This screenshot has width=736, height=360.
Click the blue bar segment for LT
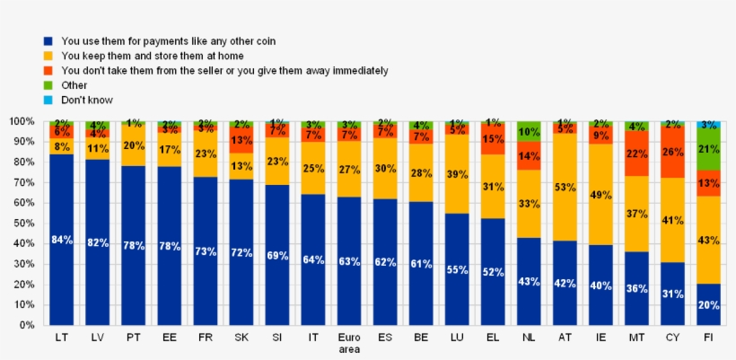click(61, 240)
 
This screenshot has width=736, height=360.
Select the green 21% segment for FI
click(708, 149)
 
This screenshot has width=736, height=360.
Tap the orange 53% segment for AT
click(565, 187)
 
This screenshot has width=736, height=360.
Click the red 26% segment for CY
click(672, 151)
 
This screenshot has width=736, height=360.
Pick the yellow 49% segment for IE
click(600, 194)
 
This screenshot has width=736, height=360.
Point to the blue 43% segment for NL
click(529, 281)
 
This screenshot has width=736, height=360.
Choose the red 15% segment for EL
click(493, 139)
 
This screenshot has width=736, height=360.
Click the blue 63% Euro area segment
click(349, 261)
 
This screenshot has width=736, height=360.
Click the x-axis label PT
click(133, 338)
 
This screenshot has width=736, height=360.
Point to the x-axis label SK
click(241, 338)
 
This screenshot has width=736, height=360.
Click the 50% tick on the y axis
click(22, 224)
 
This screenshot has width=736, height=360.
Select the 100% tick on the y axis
click(20, 121)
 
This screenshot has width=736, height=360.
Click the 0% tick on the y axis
click(24, 326)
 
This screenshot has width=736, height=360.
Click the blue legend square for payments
click(48, 41)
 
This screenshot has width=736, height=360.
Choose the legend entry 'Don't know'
click(87, 100)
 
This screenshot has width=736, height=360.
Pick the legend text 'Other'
click(74, 85)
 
